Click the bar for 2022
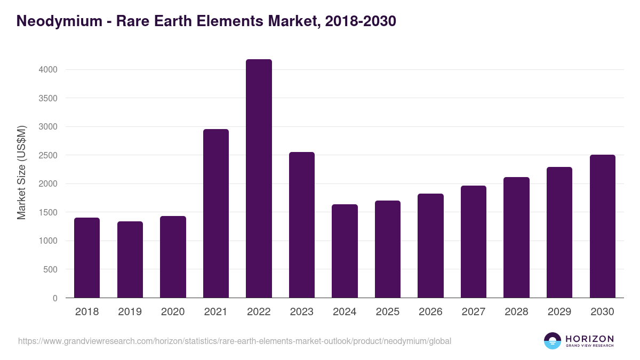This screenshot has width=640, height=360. pos(259,179)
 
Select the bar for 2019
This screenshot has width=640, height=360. pos(130,260)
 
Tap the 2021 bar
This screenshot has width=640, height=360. pos(216,213)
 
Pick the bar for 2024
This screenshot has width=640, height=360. pos(345,251)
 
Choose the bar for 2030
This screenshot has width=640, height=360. pos(603,226)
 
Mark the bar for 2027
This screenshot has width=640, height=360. pos(474,242)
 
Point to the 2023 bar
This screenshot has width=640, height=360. pos(302,225)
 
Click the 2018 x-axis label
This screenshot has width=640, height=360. pos(87,312)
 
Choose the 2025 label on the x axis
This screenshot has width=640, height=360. pos(388,312)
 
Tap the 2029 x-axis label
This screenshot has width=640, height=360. pos(559,312)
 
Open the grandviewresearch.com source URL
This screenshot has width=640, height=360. pos(235,341)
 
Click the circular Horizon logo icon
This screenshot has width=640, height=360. pos(553,341)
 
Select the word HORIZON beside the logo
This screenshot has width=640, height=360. pos(589,338)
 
